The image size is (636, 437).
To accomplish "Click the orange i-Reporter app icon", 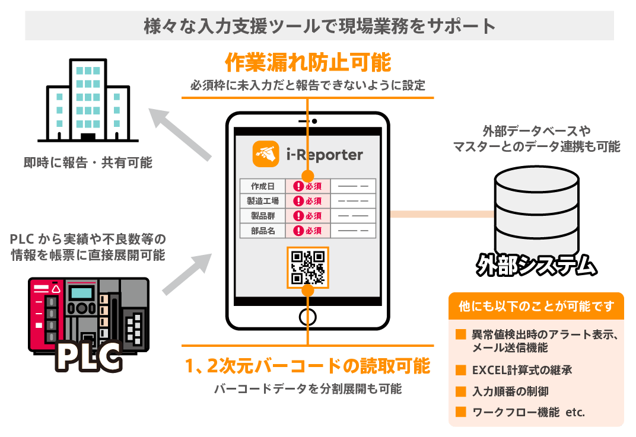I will pyautogui.click(x=266, y=153).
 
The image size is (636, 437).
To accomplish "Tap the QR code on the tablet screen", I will pyautogui.click(x=307, y=267).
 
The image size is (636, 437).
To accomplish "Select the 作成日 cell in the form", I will pyautogui.click(x=262, y=186).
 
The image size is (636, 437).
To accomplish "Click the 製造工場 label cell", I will pyautogui.click(x=262, y=200).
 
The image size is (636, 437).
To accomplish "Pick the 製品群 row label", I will pyautogui.click(x=262, y=215).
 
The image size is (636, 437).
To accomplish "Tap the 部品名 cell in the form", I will pyautogui.click(x=262, y=230).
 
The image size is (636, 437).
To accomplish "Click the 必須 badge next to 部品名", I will pyautogui.click(x=307, y=231).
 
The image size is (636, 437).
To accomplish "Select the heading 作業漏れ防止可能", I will pyautogui.click(x=307, y=62).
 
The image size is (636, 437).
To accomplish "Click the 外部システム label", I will pyautogui.click(x=536, y=265).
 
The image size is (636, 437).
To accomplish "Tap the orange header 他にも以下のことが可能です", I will pyautogui.click(x=536, y=307).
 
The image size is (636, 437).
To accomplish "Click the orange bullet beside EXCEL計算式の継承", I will pyautogui.click(x=460, y=370).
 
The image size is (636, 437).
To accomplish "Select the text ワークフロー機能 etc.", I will pyautogui.click(x=528, y=412).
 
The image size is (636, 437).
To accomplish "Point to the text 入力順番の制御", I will pyautogui.click(x=506, y=391).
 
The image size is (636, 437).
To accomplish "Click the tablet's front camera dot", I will pyautogui.click(x=314, y=121).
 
